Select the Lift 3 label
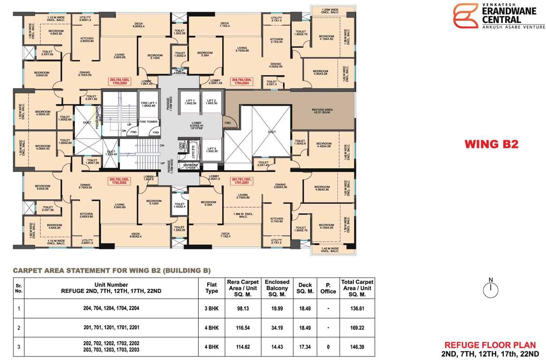click(x=211, y=150)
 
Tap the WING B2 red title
click(x=492, y=144)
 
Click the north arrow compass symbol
click(x=491, y=288)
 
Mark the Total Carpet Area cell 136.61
click(x=357, y=308)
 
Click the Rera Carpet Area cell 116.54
click(x=243, y=328)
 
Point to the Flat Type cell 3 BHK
click(x=212, y=308)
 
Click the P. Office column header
click(x=328, y=288)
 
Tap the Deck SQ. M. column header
click(x=305, y=288)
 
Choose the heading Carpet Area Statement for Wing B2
click(x=112, y=270)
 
